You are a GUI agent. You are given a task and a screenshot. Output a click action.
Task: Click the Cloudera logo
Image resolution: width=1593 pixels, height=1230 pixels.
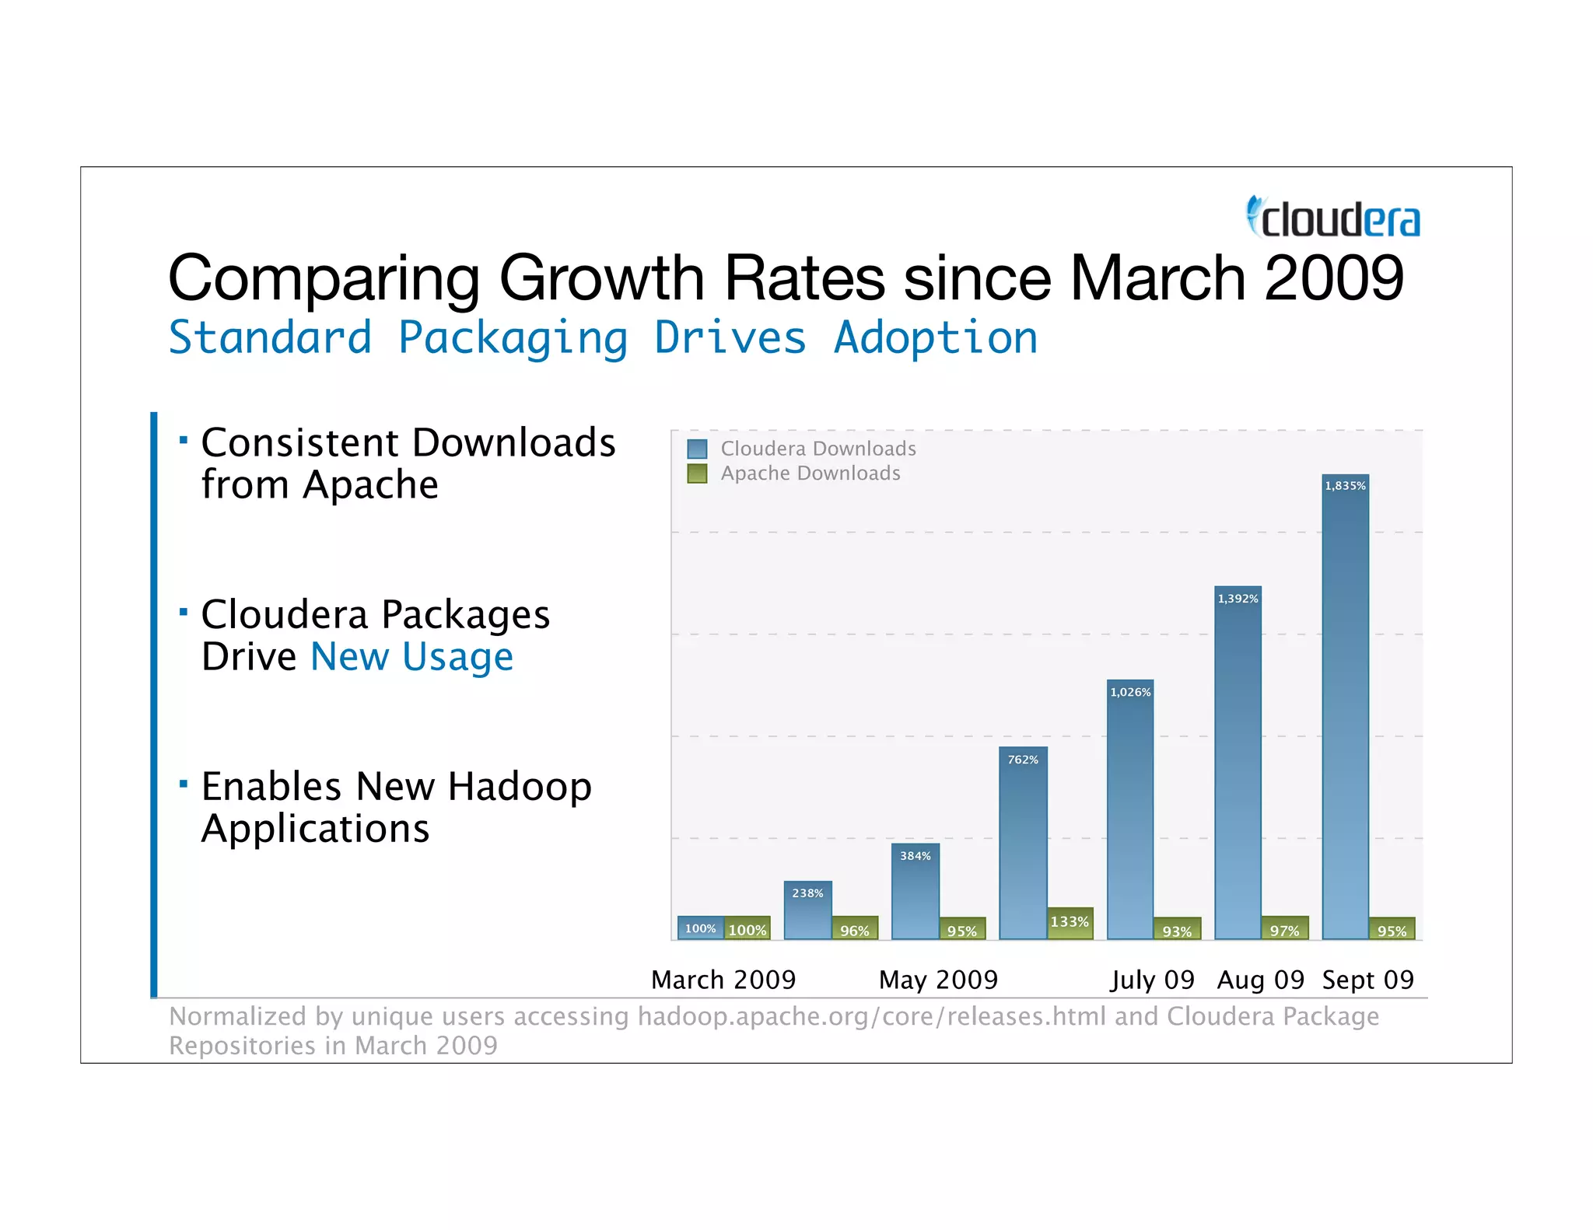[1333, 218]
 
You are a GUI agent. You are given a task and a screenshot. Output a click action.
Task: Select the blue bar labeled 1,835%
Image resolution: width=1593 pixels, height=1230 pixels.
[1345, 708]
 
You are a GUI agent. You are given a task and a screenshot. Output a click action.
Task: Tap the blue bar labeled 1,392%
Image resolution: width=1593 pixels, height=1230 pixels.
[1238, 762]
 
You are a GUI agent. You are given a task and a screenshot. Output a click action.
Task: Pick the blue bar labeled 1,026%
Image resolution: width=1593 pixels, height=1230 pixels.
[1130, 809]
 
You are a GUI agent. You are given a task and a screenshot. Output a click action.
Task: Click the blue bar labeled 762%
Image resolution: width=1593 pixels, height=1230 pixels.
[1023, 844]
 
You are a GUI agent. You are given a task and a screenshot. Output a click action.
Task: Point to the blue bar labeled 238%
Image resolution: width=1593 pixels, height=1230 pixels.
[807, 910]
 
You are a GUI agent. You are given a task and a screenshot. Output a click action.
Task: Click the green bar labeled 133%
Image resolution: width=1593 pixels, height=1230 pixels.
[1070, 923]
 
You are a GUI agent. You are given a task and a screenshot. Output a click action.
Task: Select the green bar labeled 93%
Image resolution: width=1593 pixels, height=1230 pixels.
[1177, 929]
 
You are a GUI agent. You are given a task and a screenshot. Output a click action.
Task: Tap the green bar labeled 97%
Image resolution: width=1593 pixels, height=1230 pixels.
[1284, 928]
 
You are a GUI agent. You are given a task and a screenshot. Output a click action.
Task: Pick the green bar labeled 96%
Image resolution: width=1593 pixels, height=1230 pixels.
[854, 928]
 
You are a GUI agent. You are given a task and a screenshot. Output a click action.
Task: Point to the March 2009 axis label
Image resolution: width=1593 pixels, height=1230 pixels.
[723, 980]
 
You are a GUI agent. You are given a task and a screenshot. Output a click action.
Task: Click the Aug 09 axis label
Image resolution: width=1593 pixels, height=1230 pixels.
[1260, 980]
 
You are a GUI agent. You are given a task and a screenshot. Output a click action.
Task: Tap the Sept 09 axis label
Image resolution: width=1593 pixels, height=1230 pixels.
[1368, 980]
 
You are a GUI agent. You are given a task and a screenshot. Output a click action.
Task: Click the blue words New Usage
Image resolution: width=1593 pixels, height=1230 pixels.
[411, 657]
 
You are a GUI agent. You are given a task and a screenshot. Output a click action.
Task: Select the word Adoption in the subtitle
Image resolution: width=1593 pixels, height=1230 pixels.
[936, 338]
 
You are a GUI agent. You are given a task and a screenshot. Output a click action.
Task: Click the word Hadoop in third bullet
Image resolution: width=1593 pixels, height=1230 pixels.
[519, 787]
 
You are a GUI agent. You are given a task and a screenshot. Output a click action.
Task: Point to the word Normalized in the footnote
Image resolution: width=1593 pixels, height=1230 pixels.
[237, 1016]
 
